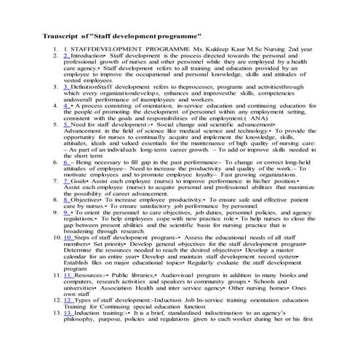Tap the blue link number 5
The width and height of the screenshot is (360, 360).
click(x=67, y=124)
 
